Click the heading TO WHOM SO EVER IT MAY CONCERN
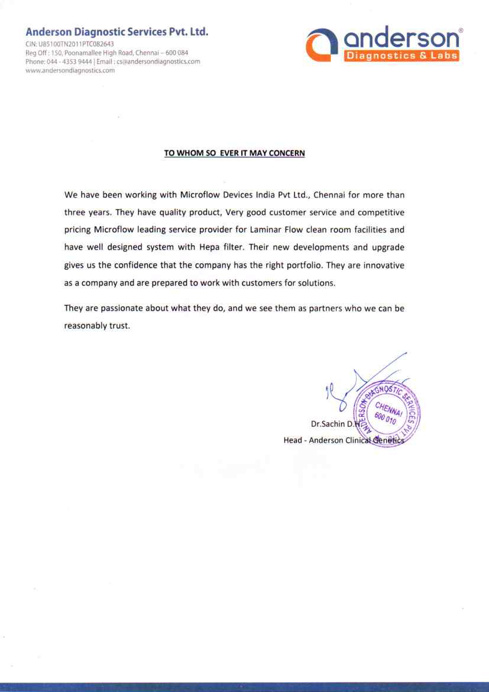[234, 153]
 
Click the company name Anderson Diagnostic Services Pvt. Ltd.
[117, 32]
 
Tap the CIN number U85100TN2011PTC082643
[76, 44]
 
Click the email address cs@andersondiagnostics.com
[158, 62]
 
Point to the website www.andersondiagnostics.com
[70, 70]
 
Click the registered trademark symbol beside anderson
[461, 30]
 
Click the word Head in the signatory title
[293, 440]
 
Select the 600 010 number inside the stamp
[384, 418]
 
